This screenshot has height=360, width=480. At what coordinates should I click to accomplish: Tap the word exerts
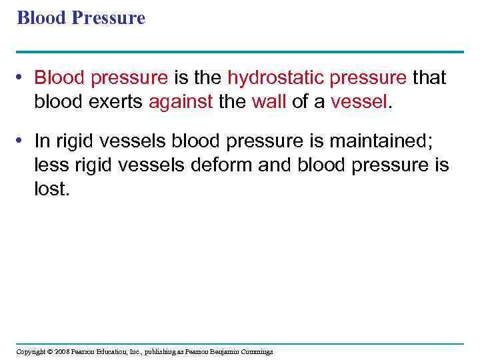116,103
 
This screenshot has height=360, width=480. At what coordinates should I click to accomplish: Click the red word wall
269,103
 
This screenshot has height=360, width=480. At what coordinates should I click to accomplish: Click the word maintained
389,141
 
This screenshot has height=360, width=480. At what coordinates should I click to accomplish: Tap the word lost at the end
51,190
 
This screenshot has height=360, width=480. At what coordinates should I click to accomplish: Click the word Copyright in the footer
31,351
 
